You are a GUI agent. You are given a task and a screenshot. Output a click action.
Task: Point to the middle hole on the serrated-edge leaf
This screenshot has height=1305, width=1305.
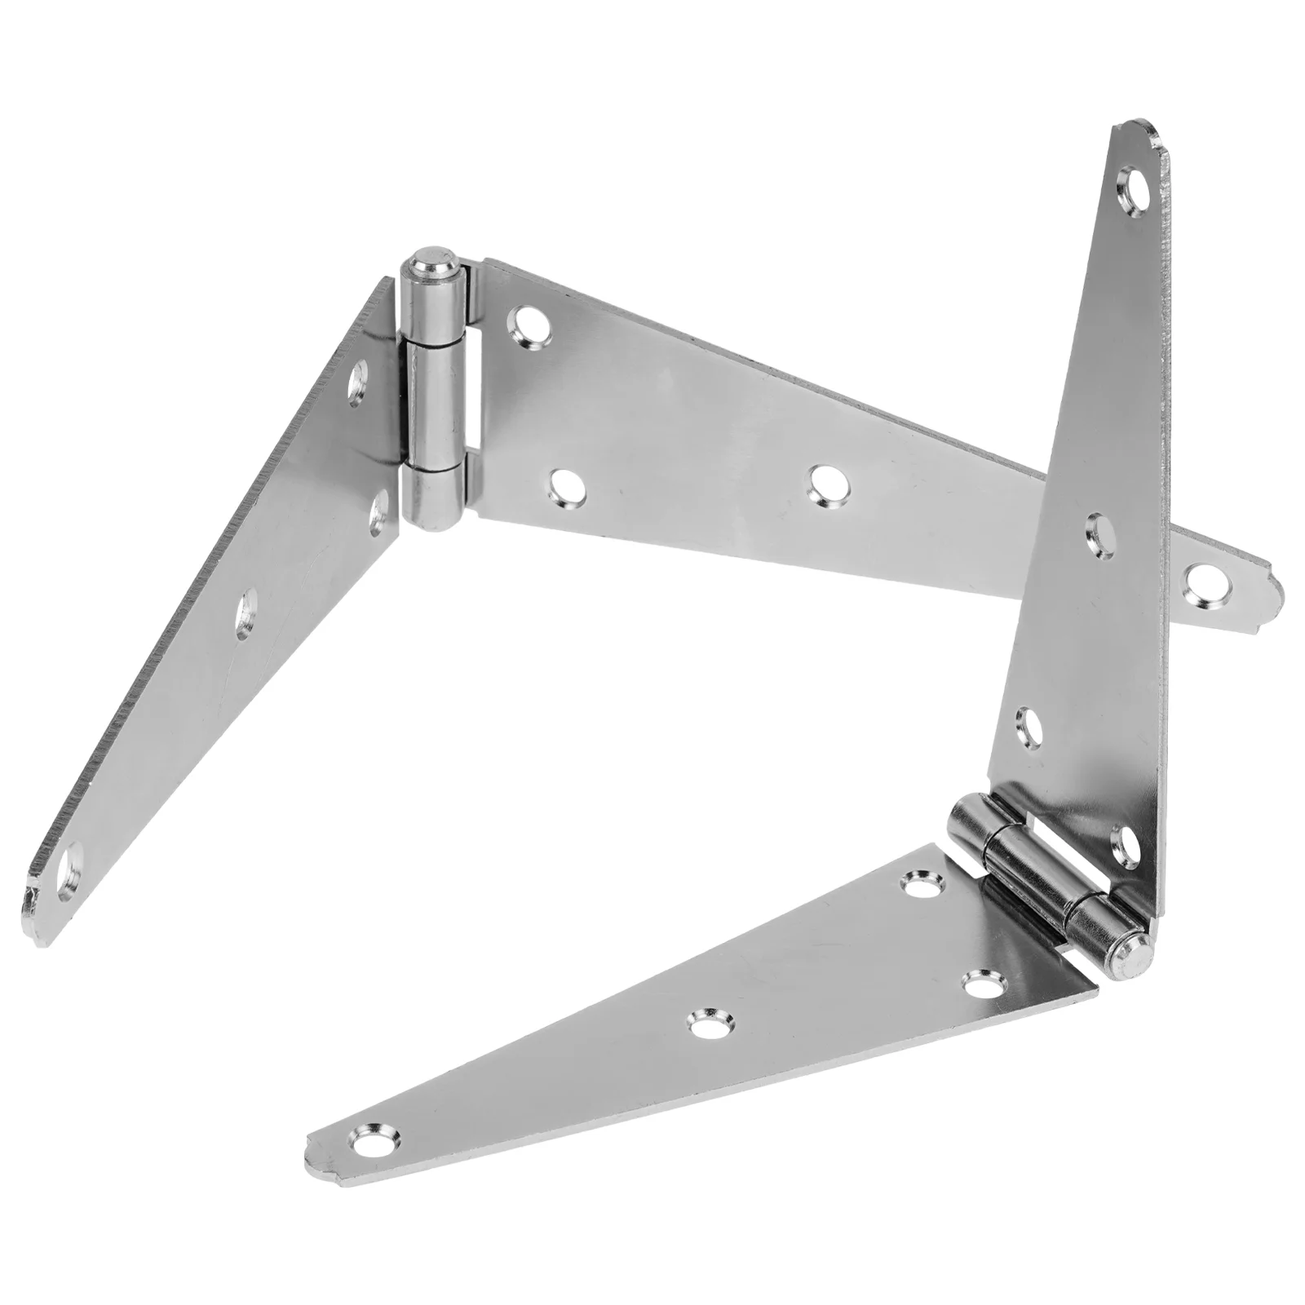tap(246, 617)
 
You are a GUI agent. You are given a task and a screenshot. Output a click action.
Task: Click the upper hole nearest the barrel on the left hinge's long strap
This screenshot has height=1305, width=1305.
tap(526, 324)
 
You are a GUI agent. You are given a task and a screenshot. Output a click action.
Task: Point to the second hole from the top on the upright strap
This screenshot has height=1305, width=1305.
tap(1102, 535)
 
